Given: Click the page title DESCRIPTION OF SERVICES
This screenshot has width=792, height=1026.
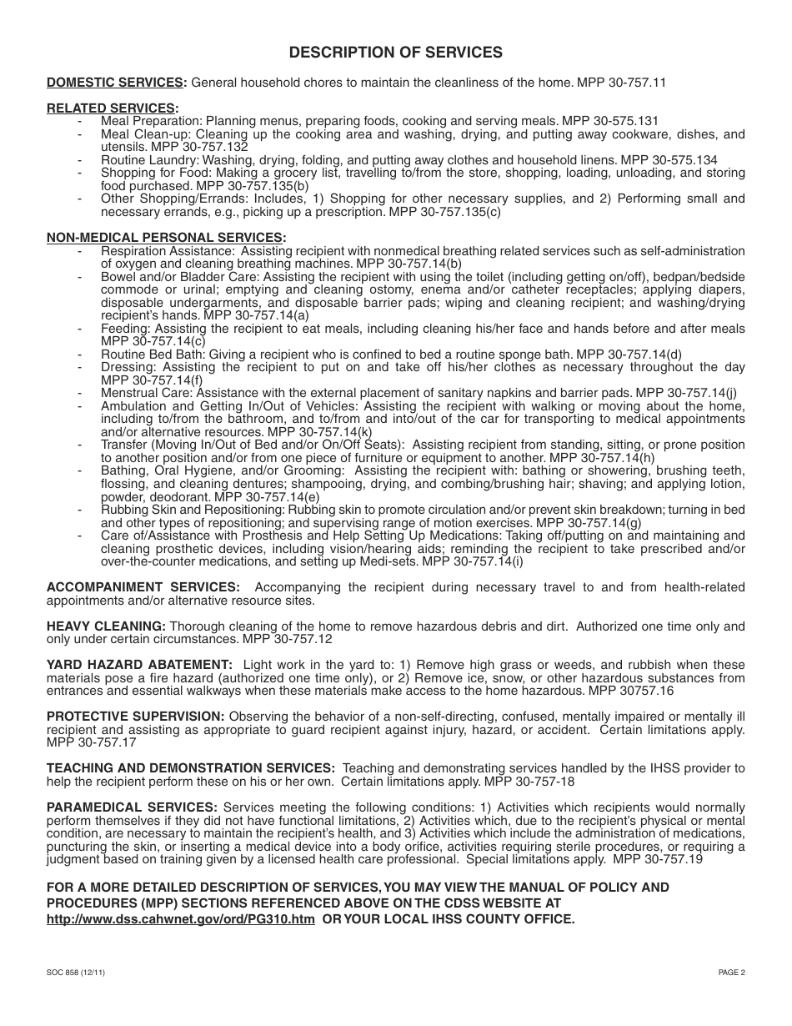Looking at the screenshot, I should [x=395, y=53].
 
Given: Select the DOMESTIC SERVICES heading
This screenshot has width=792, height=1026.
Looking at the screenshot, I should [x=116, y=83].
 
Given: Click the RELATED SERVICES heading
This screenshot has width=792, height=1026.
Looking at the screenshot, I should [x=112, y=108].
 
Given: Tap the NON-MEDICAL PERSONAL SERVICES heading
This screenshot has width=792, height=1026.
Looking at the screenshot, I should [x=165, y=238].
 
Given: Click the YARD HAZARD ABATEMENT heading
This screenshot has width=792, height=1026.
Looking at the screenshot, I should [x=139, y=665].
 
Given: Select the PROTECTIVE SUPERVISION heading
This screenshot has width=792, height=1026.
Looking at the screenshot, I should [x=135, y=717].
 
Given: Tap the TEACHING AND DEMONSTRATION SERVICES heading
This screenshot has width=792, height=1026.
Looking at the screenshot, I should [x=191, y=767].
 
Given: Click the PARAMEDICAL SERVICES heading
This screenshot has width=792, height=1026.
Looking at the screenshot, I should [x=132, y=807].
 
